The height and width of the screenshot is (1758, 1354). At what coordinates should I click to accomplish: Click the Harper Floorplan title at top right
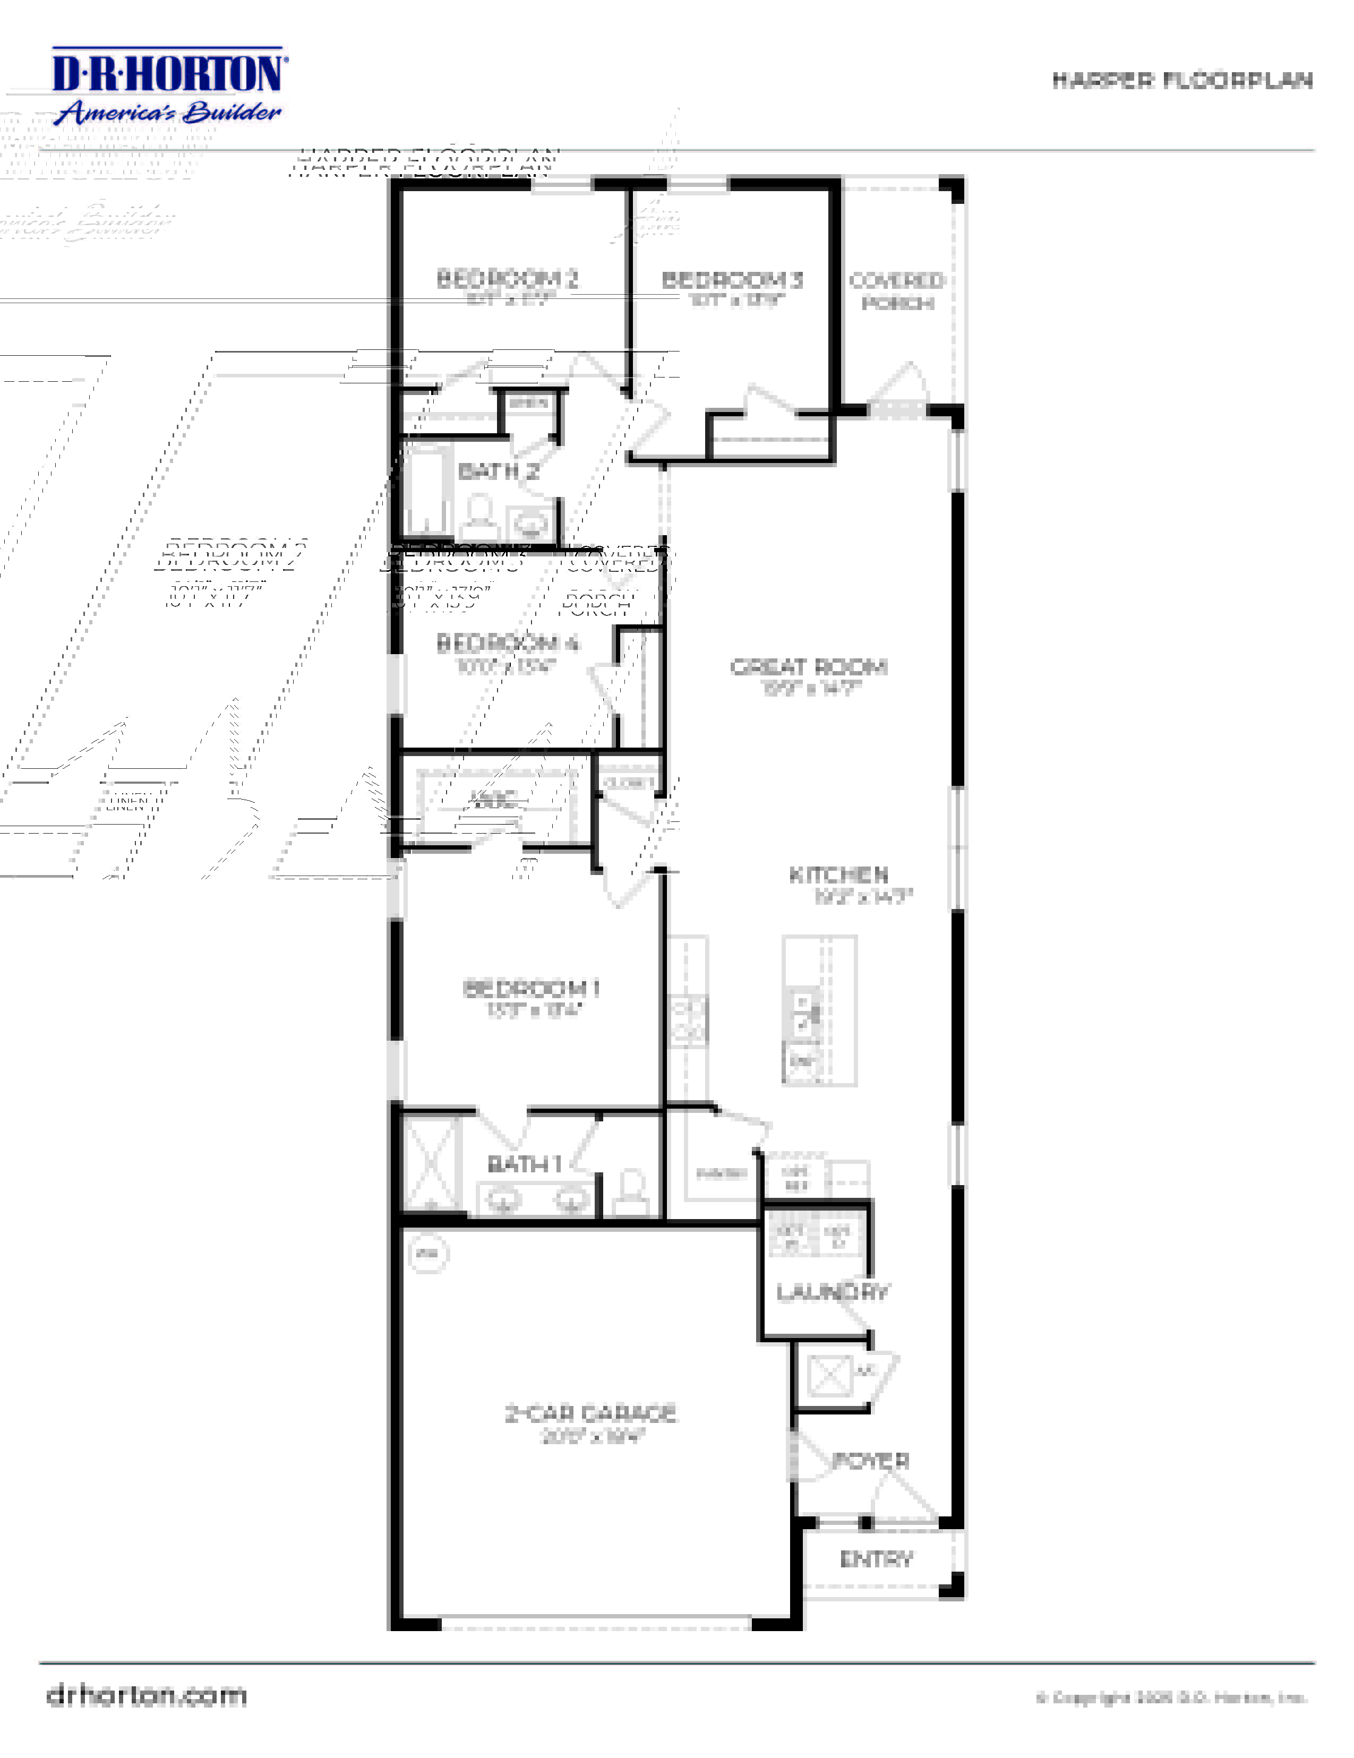pyautogui.click(x=1182, y=81)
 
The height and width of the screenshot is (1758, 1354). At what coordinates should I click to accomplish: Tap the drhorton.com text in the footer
pyautogui.click(x=147, y=1696)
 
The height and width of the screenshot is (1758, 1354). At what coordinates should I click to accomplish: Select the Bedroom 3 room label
pyautogui.click(x=732, y=280)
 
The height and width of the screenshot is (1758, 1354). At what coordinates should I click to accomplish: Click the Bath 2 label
pyautogui.click(x=498, y=471)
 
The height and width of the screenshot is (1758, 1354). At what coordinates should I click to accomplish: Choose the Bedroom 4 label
pyautogui.click(x=507, y=643)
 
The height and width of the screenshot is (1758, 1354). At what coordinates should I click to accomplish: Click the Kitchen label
pyautogui.click(x=839, y=875)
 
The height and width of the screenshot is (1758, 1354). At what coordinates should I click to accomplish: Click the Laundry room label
pyautogui.click(x=833, y=1292)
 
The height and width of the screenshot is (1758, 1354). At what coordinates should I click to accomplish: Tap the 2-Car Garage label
pyautogui.click(x=590, y=1413)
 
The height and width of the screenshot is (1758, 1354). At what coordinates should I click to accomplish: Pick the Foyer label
pyautogui.click(x=870, y=1461)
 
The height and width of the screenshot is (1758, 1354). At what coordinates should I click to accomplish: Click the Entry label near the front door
pyautogui.click(x=876, y=1559)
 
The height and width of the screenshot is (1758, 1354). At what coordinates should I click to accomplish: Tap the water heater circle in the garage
pyautogui.click(x=429, y=1253)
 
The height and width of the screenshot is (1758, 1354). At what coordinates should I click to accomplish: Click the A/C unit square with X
pyautogui.click(x=829, y=1375)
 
